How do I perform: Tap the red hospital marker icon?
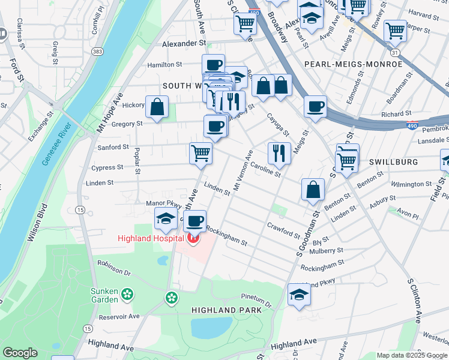tap(193, 240)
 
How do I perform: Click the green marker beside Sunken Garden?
tap(127, 294)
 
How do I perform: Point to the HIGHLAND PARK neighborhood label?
tap(226, 310)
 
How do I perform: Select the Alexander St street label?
tap(184, 44)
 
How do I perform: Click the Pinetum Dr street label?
tap(256, 298)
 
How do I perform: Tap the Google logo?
tap(20, 353)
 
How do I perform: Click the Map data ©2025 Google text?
tap(411, 355)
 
